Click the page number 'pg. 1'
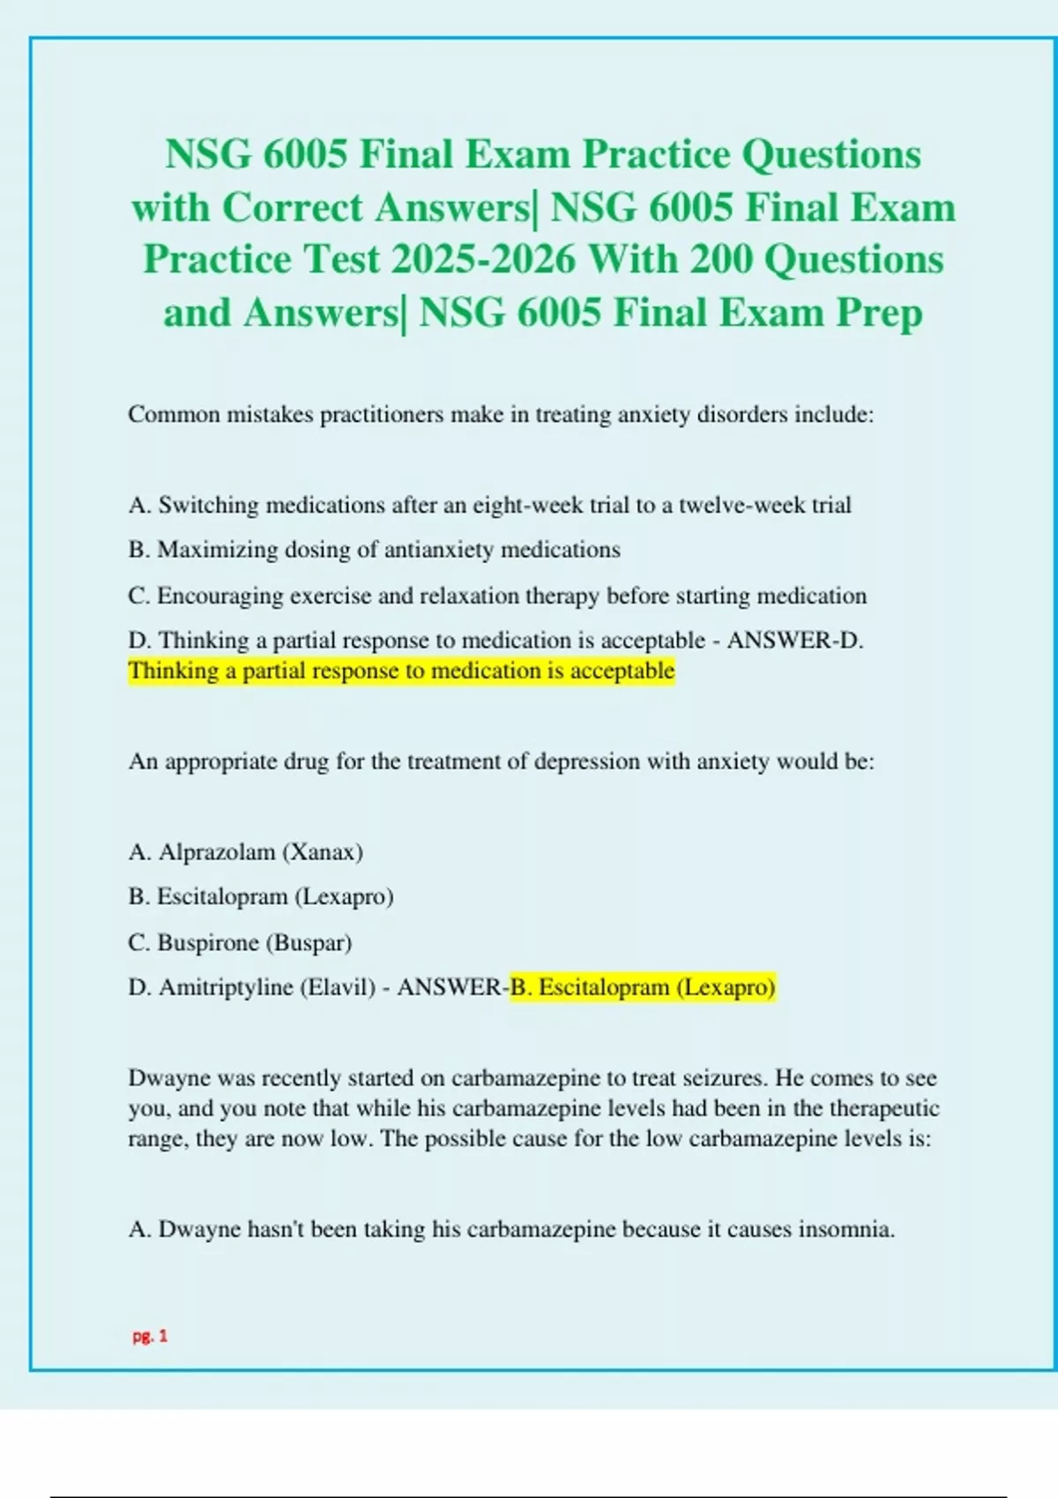150,1336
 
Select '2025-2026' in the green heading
484,260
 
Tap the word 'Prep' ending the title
879,313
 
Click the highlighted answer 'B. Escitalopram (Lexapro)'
643,988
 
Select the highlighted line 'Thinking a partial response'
401,671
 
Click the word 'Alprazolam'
217,852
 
